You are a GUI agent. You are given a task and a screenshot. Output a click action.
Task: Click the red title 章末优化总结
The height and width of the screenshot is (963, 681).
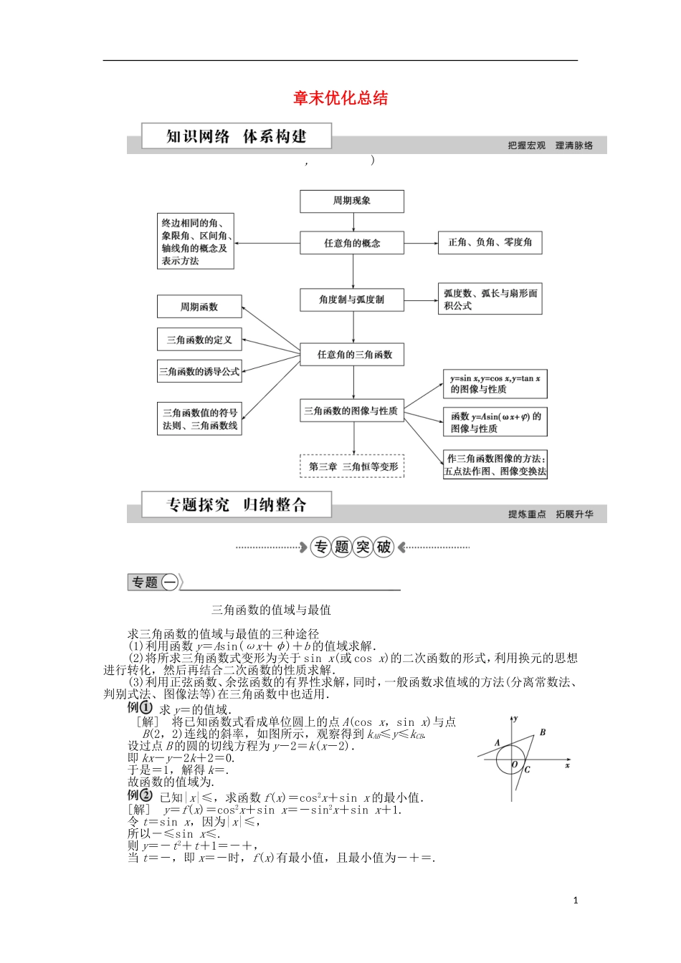[x=340, y=98]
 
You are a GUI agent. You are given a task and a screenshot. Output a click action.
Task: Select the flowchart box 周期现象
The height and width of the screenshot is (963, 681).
[x=351, y=201]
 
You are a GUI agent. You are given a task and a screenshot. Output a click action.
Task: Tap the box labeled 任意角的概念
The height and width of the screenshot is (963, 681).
[x=352, y=243]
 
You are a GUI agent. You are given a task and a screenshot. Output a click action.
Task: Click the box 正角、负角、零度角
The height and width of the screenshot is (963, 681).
[x=490, y=243]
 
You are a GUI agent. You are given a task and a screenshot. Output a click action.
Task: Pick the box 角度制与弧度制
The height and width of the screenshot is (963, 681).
[x=352, y=300]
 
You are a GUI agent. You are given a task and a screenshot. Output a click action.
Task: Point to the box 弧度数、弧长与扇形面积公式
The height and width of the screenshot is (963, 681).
[x=490, y=299]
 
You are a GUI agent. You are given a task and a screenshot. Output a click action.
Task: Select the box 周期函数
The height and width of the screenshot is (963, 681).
[x=199, y=307]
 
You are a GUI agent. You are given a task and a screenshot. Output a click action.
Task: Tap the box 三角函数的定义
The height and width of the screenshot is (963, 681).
[x=199, y=340]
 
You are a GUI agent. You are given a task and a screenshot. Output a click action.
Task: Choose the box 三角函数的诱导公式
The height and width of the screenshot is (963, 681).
[x=199, y=372]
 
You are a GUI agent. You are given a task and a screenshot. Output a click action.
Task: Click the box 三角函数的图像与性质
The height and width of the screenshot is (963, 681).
[x=351, y=411]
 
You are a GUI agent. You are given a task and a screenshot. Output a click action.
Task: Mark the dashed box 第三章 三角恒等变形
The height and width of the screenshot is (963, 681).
[x=352, y=466]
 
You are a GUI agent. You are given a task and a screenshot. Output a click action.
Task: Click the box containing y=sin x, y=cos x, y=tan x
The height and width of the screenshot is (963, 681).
[x=495, y=383]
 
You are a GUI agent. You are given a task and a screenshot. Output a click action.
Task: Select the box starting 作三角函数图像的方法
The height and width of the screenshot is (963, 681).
[x=495, y=465]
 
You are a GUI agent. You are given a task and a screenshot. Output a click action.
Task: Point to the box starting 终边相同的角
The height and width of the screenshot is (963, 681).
[x=195, y=242]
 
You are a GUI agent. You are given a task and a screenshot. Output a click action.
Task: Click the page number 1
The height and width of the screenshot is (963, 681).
[x=576, y=901]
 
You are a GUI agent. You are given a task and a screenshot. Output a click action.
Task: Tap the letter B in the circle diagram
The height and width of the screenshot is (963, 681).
[x=543, y=732]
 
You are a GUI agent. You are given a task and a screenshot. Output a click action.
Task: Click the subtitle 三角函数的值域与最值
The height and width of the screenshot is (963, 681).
[x=271, y=610]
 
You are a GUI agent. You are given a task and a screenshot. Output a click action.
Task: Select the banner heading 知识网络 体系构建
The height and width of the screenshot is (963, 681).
[x=236, y=136]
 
